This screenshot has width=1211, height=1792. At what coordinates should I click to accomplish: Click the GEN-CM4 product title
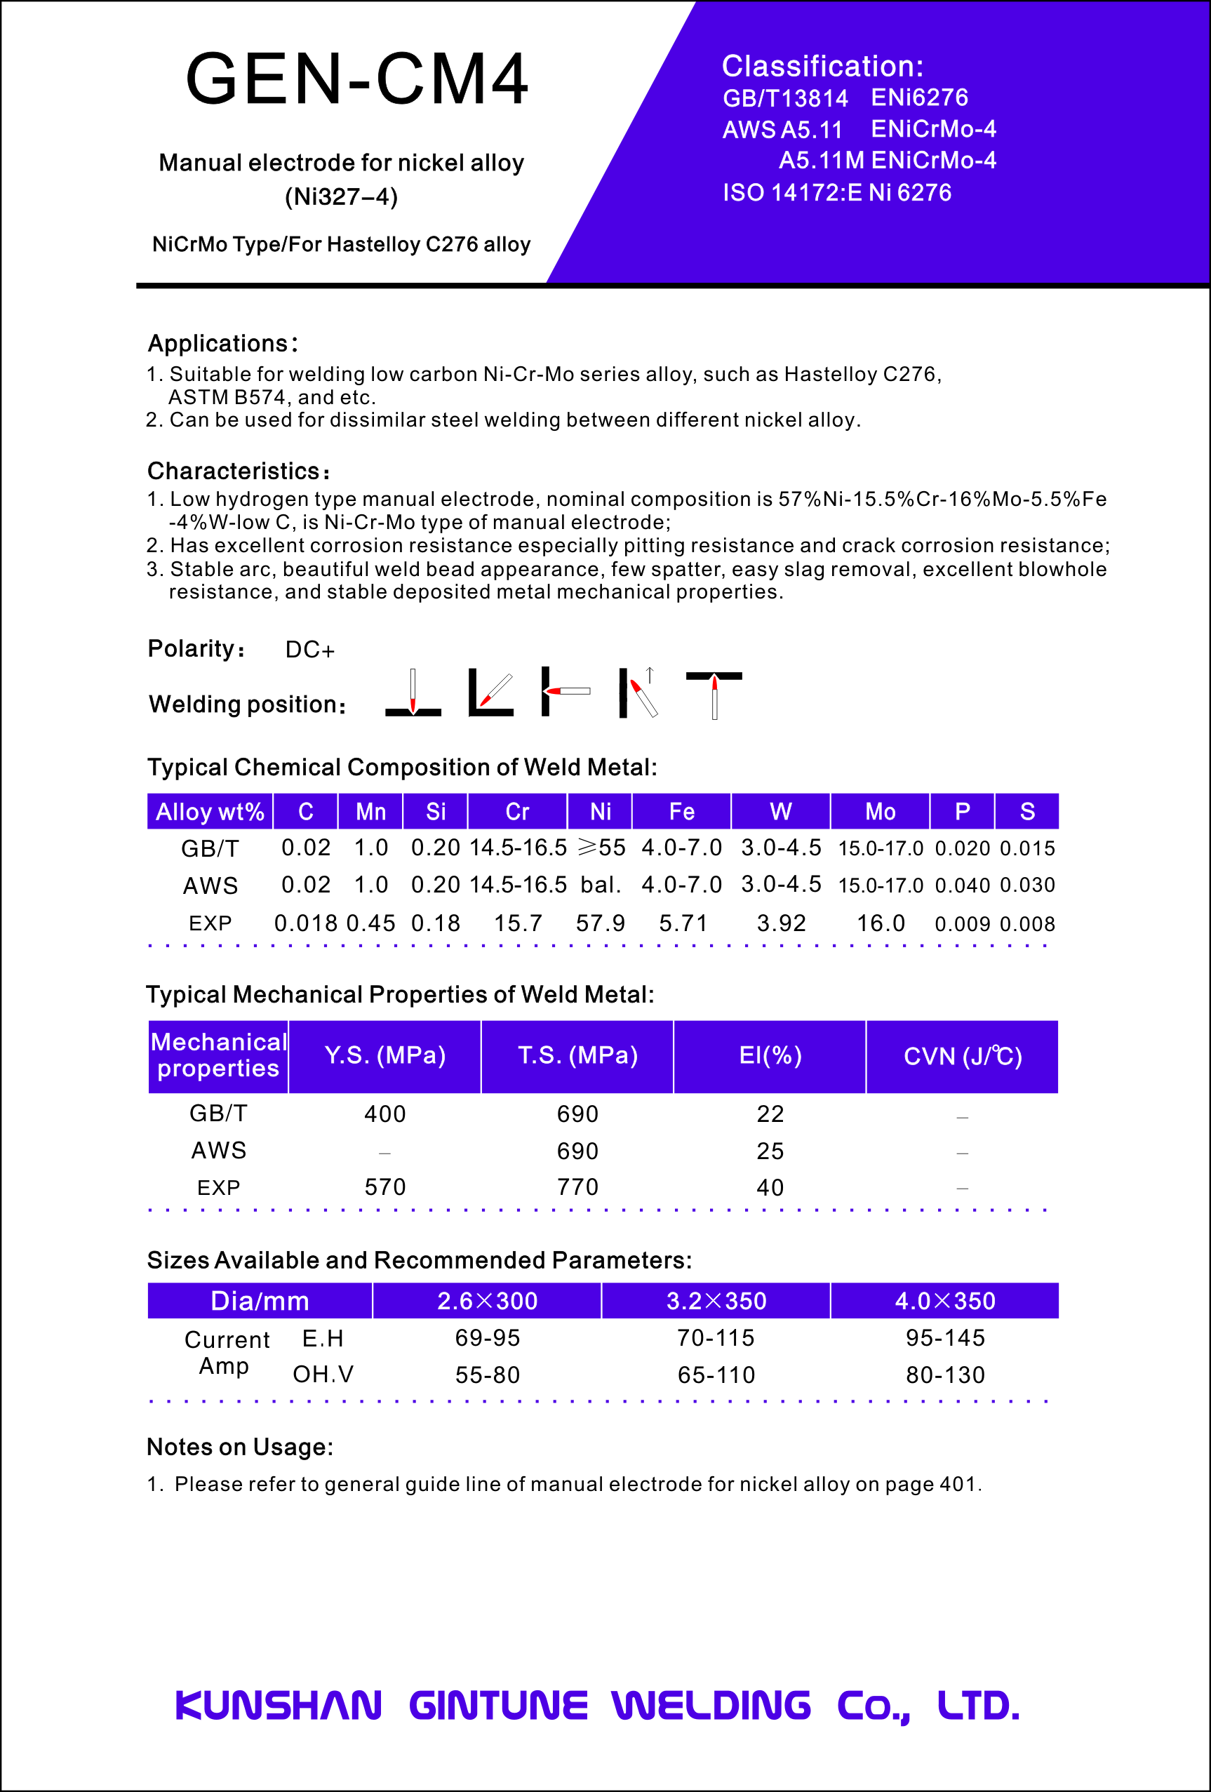(x=357, y=79)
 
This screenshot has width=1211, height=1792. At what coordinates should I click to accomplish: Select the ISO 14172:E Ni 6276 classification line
(x=836, y=192)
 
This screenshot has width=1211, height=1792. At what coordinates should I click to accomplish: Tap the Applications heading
(x=222, y=343)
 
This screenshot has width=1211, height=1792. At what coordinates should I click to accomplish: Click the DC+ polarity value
(x=310, y=650)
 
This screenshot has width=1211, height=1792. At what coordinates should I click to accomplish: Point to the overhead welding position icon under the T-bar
(x=714, y=695)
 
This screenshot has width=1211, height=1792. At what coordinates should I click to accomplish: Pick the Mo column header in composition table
(x=880, y=811)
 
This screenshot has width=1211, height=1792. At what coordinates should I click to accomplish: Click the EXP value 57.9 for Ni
(x=601, y=923)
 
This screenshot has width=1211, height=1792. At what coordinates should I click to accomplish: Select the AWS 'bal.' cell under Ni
(x=601, y=885)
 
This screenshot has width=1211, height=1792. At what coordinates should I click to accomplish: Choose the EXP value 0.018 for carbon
(x=305, y=923)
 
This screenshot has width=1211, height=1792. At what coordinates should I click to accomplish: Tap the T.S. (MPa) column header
(x=577, y=1055)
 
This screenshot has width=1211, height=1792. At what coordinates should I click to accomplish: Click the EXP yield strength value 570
(x=384, y=1186)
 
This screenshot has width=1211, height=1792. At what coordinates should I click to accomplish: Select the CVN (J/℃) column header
(x=962, y=1055)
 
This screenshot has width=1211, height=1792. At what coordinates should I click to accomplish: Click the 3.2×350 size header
(x=716, y=1301)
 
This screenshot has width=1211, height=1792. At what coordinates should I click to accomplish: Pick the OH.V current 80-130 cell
(x=945, y=1375)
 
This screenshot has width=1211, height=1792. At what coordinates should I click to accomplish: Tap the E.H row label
(x=323, y=1338)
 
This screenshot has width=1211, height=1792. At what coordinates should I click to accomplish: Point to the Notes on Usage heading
(x=240, y=1447)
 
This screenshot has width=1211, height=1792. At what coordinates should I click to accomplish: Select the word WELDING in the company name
(x=711, y=1706)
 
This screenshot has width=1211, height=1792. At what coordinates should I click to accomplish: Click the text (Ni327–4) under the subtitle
(x=342, y=196)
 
